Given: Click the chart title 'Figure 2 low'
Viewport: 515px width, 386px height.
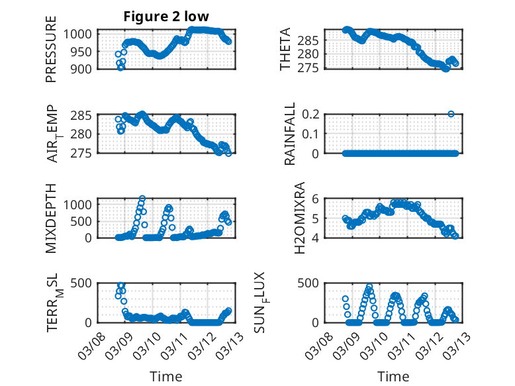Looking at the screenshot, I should point(165,17).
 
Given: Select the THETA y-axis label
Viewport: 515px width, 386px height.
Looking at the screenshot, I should point(285,50).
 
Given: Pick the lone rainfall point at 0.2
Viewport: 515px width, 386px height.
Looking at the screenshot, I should point(451,114).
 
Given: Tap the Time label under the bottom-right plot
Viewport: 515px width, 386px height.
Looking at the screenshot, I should point(393,377).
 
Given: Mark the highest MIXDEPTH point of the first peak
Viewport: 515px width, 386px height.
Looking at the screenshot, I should point(142,198).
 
